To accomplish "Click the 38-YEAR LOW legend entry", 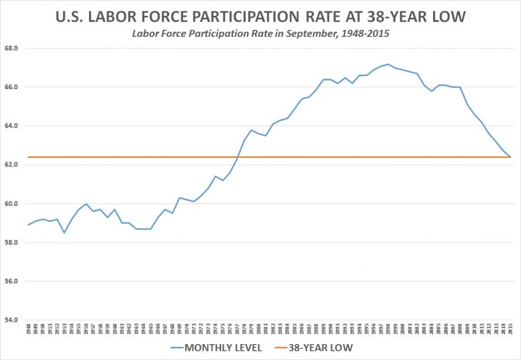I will pyautogui.click(x=320, y=347).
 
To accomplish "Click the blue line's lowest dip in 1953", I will pyautogui.click(x=64, y=233).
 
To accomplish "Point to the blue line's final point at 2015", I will pyautogui.click(x=510, y=157).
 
